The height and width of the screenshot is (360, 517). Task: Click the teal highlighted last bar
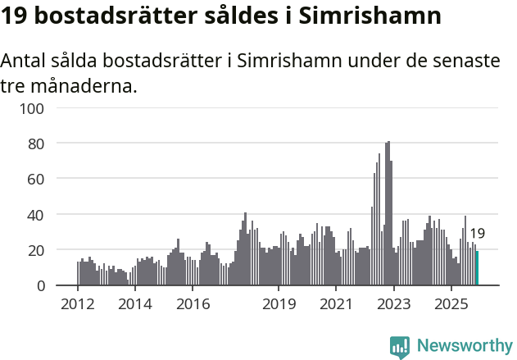click(477, 268)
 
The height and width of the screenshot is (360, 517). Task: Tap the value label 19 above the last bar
click(477, 234)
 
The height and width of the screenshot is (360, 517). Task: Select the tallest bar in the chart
click(388, 213)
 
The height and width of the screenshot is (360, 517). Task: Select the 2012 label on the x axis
click(78, 304)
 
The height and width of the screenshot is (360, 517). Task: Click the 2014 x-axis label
click(135, 304)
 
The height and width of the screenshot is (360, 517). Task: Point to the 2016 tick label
click(193, 304)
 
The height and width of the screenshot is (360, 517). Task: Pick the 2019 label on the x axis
click(279, 304)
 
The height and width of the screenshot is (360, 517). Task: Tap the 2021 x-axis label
click(336, 304)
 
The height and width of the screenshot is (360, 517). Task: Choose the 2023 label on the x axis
click(393, 304)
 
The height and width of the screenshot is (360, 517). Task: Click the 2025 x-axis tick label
click(451, 304)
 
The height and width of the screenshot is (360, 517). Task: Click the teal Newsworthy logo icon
click(400, 346)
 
